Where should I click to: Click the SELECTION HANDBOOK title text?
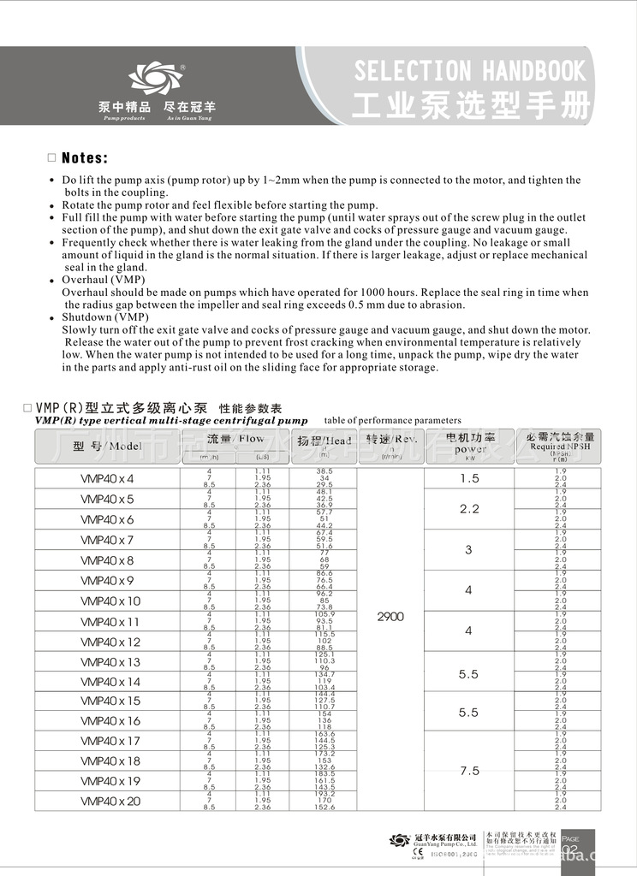pyautogui.click(x=469, y=70)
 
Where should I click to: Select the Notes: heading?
pyautogui.click(x=85, y=158)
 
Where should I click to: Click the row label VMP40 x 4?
pyautogui.click(x=107, y=478)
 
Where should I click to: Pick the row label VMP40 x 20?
pyautogui.click(x=110, y=802)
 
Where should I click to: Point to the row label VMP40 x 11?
pyautogui.click(x=110, y=622)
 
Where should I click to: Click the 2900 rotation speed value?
pyautogui.click(x=390, y=616)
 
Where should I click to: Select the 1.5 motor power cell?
pyautogui.click(x=468, y=478)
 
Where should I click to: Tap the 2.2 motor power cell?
pyautogui.click(x=468, y=508)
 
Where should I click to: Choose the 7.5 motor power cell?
pyautogui.click(x=468, y=771)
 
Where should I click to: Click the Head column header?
pyautogui.click(x=324, y=441)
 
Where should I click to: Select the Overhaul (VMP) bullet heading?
pyautogui.click(x=104, y=280)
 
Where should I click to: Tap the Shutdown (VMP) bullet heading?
pyautogui.click(x=105, y=317)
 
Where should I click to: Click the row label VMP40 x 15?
pyautogui.click(x=110, y=701)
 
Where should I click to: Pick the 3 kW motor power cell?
pyautogui.click(x=468, y=550)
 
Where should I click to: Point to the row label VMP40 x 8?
pyautogui.click(x=107, y=560)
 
